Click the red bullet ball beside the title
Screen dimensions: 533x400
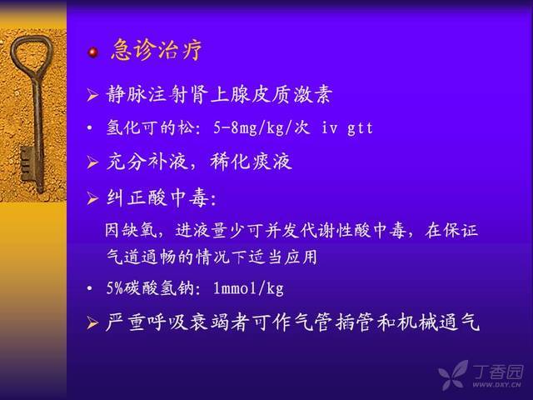(92, 52)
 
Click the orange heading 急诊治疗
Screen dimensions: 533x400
(157, 50)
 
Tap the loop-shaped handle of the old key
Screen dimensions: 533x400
(32, 54)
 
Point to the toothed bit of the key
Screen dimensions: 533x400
(27, 163)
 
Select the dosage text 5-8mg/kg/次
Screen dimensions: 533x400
(262, 127)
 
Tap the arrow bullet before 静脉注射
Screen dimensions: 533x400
(92, 95)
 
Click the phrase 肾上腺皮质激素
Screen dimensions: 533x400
(261, 94)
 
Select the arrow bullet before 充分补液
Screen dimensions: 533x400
(92, 162)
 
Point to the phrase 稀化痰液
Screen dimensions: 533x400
(252, 162)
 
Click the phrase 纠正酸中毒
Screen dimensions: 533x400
(157, 197)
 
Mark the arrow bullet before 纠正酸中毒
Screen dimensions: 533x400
(92, 198)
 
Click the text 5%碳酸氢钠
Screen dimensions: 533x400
(150, 288)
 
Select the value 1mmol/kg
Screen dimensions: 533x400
(248, 288)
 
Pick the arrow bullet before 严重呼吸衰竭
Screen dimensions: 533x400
(92, 322)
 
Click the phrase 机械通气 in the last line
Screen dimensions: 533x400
(439, 322)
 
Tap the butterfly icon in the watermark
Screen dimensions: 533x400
(454, 374)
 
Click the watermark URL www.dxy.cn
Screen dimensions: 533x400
(496, 385)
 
